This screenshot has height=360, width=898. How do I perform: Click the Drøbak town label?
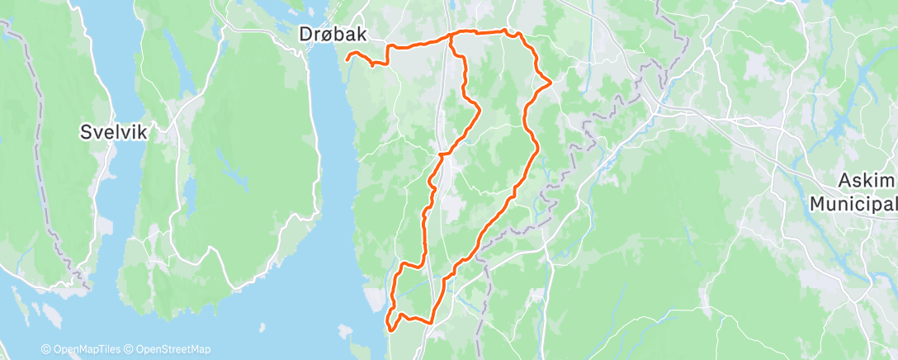[x=333, y=34]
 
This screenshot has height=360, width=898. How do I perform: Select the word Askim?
[x=863, y=182]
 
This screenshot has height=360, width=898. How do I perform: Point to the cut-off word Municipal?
[x=853, y=203]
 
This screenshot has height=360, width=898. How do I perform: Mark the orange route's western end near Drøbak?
[x=347, y=57]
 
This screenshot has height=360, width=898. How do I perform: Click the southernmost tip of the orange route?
[x=389, y=330]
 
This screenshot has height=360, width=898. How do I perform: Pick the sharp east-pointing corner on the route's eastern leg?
[x=550, y=81]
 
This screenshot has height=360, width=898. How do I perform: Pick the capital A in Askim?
[x=843, y=182]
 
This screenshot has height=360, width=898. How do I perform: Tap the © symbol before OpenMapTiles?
[x=46, y=349]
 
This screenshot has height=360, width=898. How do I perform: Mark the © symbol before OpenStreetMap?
[x=128, y=349]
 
